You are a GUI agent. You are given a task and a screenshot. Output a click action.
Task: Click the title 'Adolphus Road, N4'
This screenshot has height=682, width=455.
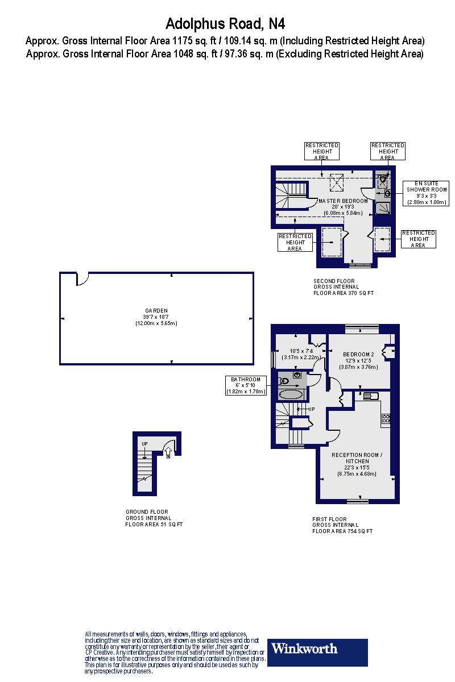click(x=225, y=24)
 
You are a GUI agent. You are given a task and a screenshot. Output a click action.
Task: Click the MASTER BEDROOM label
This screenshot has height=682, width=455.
click(x=343, y=201)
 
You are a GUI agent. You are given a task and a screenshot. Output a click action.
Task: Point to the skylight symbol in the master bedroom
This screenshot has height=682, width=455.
click(x=337, y=182)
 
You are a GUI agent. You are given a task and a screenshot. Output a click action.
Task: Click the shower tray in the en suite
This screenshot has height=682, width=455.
click(x=383, y=208)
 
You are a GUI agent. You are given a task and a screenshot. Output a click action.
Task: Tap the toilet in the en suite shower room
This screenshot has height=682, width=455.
click(x=383, y=180)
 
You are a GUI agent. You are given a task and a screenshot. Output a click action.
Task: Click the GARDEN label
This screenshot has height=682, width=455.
click(x=156, y=310)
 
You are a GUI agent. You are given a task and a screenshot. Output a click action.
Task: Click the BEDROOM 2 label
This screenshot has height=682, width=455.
click(x=359, y=354)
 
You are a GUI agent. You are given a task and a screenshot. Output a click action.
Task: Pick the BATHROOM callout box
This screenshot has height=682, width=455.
click(x=246, y=385)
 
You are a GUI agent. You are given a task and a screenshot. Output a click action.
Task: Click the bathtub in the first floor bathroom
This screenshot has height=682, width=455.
click(x=292, y=394)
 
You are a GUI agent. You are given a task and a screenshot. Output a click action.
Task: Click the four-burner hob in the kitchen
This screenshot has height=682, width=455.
click(x=386, y=419)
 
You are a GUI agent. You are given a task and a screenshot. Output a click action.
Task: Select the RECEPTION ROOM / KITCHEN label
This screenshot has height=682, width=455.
click(x=357, y=458)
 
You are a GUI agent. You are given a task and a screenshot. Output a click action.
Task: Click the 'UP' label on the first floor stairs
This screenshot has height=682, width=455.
click(x=311, y=409)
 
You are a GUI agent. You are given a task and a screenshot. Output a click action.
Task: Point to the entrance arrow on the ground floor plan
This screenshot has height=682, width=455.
click(x=168, y=452)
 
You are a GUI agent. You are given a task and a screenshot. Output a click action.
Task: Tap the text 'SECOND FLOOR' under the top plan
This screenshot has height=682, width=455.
click(x=334, y=281)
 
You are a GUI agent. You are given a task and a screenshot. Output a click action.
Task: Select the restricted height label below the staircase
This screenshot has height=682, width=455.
click(x=295, y=242)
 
